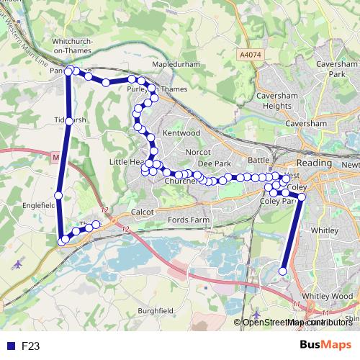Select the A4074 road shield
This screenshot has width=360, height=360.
click(x=250, y=54)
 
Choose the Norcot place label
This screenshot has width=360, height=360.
click(x=197, y=152)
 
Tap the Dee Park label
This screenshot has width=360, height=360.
click(x=214, y=163)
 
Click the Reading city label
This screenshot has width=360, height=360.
click(x=315, y=163)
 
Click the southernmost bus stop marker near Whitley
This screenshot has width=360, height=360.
click(x=283, y=271)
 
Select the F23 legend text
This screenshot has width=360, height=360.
click(x=30, y=346)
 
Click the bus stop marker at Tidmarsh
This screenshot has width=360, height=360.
click(x=69, y=122)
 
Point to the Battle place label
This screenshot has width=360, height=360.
click(x=258, y=159)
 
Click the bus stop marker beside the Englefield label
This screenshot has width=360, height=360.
click(x=58, y=194)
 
